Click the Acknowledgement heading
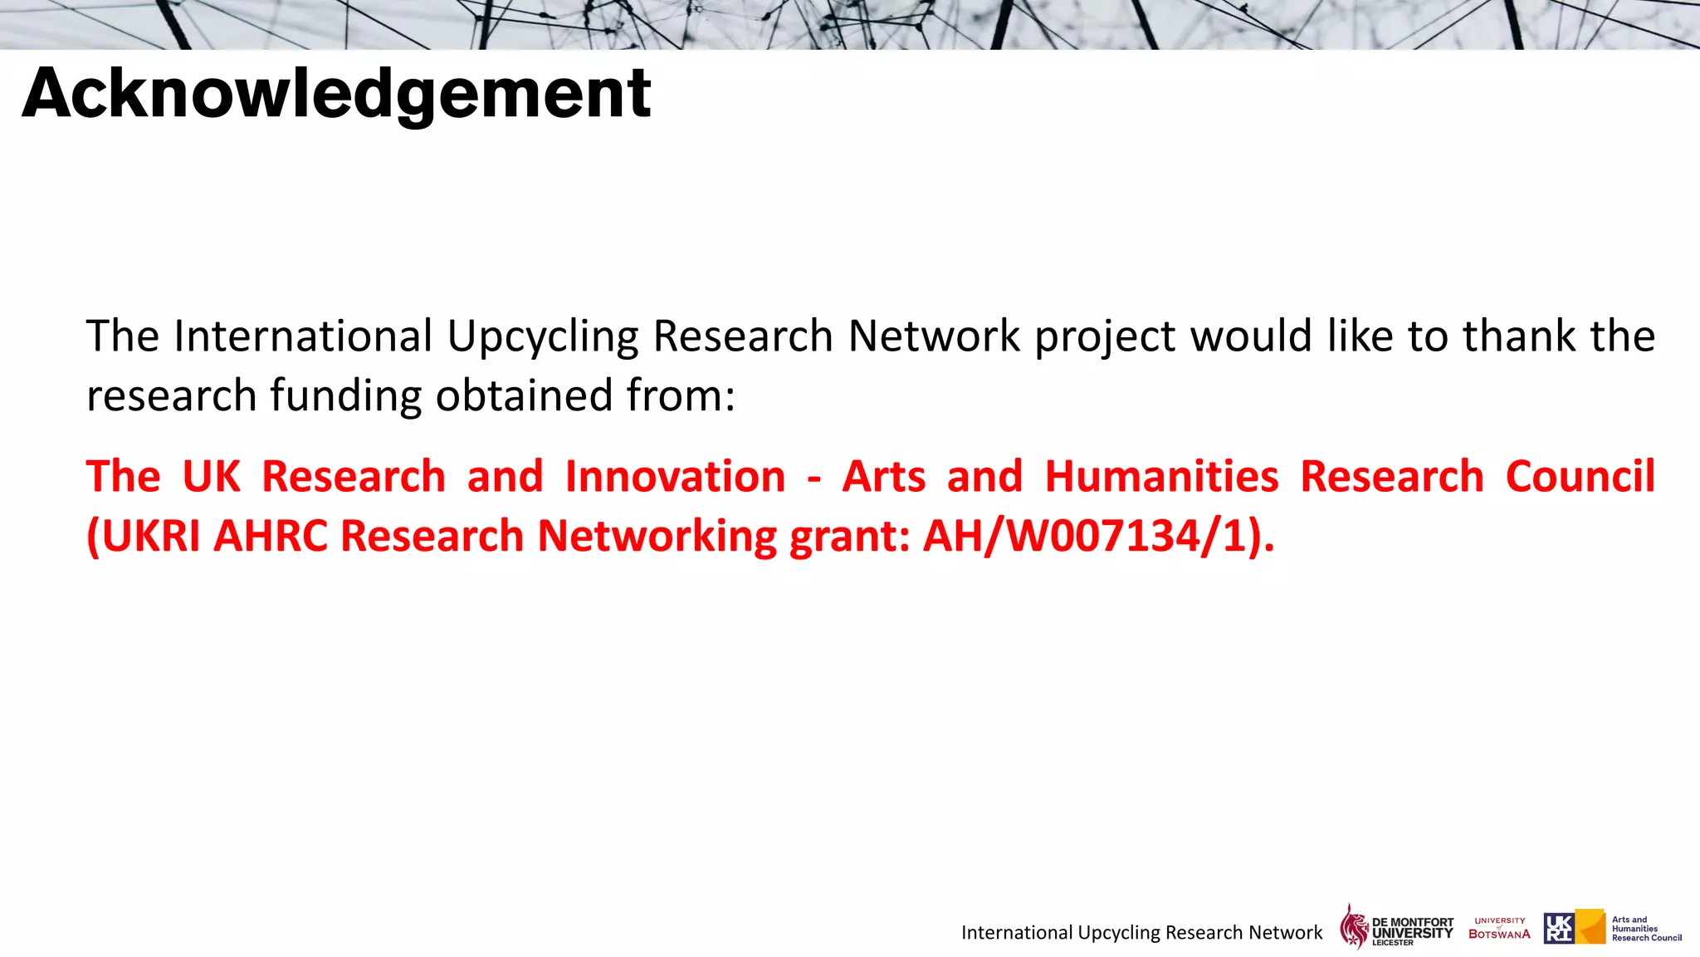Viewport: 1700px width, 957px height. [336, 93]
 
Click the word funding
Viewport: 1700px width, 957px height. [345, 396]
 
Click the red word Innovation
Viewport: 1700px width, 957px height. [675, 477]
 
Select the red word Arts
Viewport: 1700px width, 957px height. [883, 477]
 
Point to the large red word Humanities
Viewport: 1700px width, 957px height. [1161, 477]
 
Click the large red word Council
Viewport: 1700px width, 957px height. [1580, 477]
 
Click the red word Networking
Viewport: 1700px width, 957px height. [657, 536]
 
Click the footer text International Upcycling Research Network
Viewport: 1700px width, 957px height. [1141, 932]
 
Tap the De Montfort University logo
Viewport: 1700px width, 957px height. [1396, 927]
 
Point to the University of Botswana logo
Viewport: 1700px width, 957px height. [1499, 928]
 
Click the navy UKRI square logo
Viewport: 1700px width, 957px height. [1558, 928]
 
